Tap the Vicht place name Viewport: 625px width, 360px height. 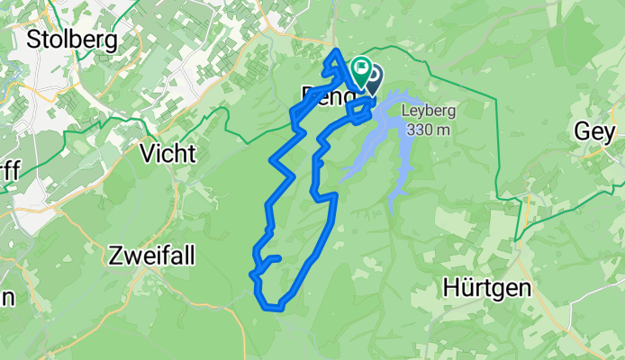168,153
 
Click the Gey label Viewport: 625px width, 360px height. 595,132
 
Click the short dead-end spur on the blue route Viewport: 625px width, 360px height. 272,259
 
